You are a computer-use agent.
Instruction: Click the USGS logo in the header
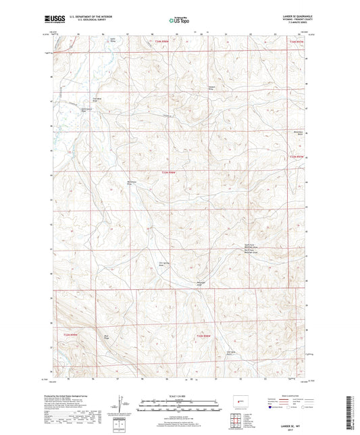click(55, 20)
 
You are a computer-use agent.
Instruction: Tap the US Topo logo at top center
click(180, 20)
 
